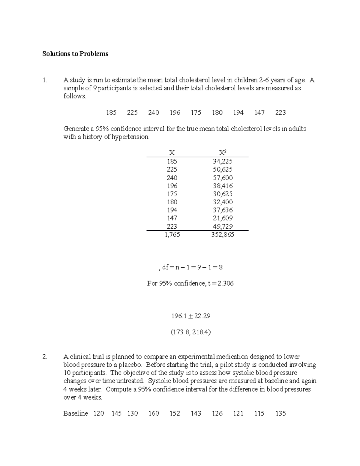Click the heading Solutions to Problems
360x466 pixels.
75,54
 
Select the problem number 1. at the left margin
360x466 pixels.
45,80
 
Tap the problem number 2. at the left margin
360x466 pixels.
45,357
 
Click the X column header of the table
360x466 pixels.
172,153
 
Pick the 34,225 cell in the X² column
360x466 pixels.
223,161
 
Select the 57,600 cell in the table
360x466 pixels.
223,178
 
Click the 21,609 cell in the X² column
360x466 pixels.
223,218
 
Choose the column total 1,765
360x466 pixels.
172,235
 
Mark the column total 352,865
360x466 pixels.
223,235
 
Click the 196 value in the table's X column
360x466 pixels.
172,186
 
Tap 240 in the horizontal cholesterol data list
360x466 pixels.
154,113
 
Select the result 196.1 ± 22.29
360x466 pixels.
190,316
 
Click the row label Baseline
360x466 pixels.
76,413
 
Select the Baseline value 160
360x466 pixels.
154,413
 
